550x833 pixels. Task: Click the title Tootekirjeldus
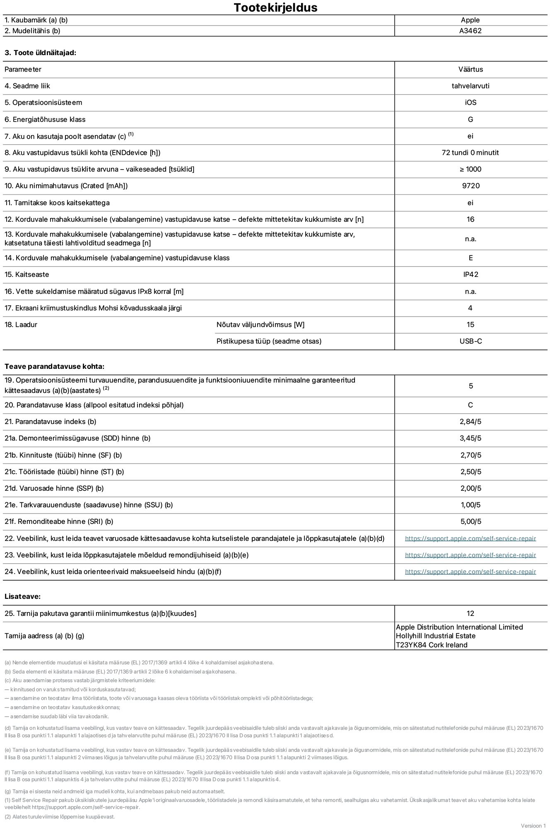(x=275, y=7)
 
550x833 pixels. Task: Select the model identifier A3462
(x=470, y=31)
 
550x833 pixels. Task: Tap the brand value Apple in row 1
(x=470, y=20)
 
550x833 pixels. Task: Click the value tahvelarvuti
(x=470, y=86)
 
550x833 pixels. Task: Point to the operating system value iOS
(x=470, y=102)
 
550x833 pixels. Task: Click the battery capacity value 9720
(x=470, y=186)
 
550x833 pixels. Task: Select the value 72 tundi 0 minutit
(x=470, y=153)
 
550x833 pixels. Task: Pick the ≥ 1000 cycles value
(x=470, y=169)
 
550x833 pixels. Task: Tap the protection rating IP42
(x=470, y=274)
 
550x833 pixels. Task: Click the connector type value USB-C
(x=470, y=341)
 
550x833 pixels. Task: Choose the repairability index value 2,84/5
(x=470, y=421)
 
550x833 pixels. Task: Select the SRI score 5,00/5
(x=470, y=521)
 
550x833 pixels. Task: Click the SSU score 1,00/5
(x=470, y=505)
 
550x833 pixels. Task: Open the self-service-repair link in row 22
(x=470, y=538)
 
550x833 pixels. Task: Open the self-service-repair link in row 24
(x=470, y=571)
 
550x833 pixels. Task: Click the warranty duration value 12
(x=470, y=613)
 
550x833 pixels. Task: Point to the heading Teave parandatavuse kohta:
(x=54, y=366)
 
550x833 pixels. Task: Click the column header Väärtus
(x=470, y=69)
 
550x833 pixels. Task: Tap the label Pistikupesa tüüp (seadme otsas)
(x=269, y=341)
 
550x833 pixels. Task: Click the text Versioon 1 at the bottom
(x=533, y=826)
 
